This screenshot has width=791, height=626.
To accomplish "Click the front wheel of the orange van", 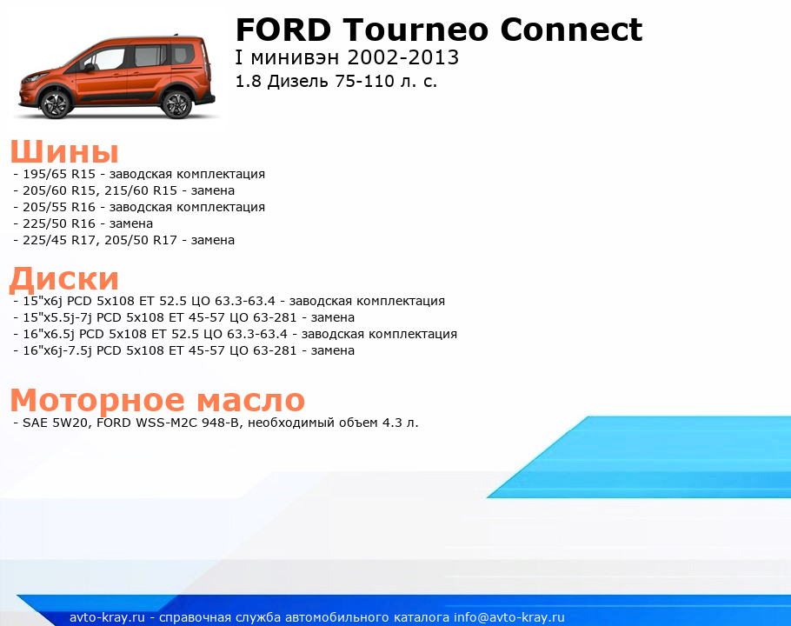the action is click(55, 103).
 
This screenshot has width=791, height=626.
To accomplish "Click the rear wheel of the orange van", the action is click(177, 104).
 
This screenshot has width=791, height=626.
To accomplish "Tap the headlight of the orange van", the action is click(37, 78).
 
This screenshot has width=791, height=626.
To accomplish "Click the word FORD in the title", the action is click(283, 30).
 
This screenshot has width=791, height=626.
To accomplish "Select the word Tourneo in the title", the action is click(416, 30).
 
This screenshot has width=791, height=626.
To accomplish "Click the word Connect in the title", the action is click(571, 30).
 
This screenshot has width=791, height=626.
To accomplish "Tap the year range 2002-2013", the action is click(403, 57).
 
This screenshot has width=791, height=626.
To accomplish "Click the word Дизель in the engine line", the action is click(297, 81).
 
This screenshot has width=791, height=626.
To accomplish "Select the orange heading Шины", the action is click(64, 151).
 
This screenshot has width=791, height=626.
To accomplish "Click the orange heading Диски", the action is click(64, 278).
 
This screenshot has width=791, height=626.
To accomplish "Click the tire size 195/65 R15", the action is click(59, 174).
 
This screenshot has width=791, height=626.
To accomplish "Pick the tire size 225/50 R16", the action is click(59, 223).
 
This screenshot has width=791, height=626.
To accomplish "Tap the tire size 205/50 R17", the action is click(141, 240).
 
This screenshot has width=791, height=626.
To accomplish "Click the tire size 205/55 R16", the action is click(59, 207).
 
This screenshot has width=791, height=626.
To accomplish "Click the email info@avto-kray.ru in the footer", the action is click(508, 617).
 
